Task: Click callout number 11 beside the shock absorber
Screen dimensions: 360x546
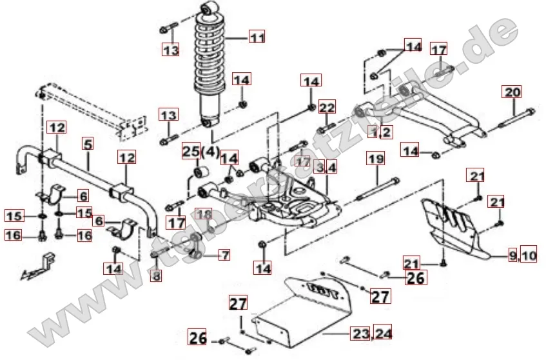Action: coord(257,38)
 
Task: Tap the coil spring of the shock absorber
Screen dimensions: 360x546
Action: coord(213,58)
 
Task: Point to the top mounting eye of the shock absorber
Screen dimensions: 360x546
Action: coord(210,9)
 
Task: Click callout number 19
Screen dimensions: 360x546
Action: coord(376,157)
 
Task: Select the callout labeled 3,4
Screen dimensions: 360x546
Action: coord(326,168)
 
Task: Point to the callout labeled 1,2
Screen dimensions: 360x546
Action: coord(380,132)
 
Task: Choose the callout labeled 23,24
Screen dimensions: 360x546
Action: coord(371,334)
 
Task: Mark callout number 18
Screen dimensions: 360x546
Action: coord(204,214)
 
